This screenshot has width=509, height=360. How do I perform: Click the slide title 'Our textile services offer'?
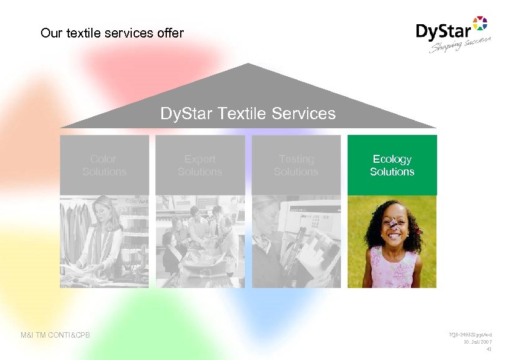click(112, 33)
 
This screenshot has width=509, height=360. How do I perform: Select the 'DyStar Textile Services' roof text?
click(248, 113)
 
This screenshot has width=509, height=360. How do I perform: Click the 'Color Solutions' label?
click(104, 165)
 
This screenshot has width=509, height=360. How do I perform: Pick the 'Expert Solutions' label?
click(200, 165)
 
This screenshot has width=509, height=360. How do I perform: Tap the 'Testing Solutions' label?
click(296, 165)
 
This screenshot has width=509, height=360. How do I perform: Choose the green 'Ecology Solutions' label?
click(392, 165)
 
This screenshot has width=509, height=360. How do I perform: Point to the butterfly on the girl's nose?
click(394, 225)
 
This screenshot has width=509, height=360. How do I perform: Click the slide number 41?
click(488, 349)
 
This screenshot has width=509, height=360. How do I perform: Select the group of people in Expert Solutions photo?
click(200, 236)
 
